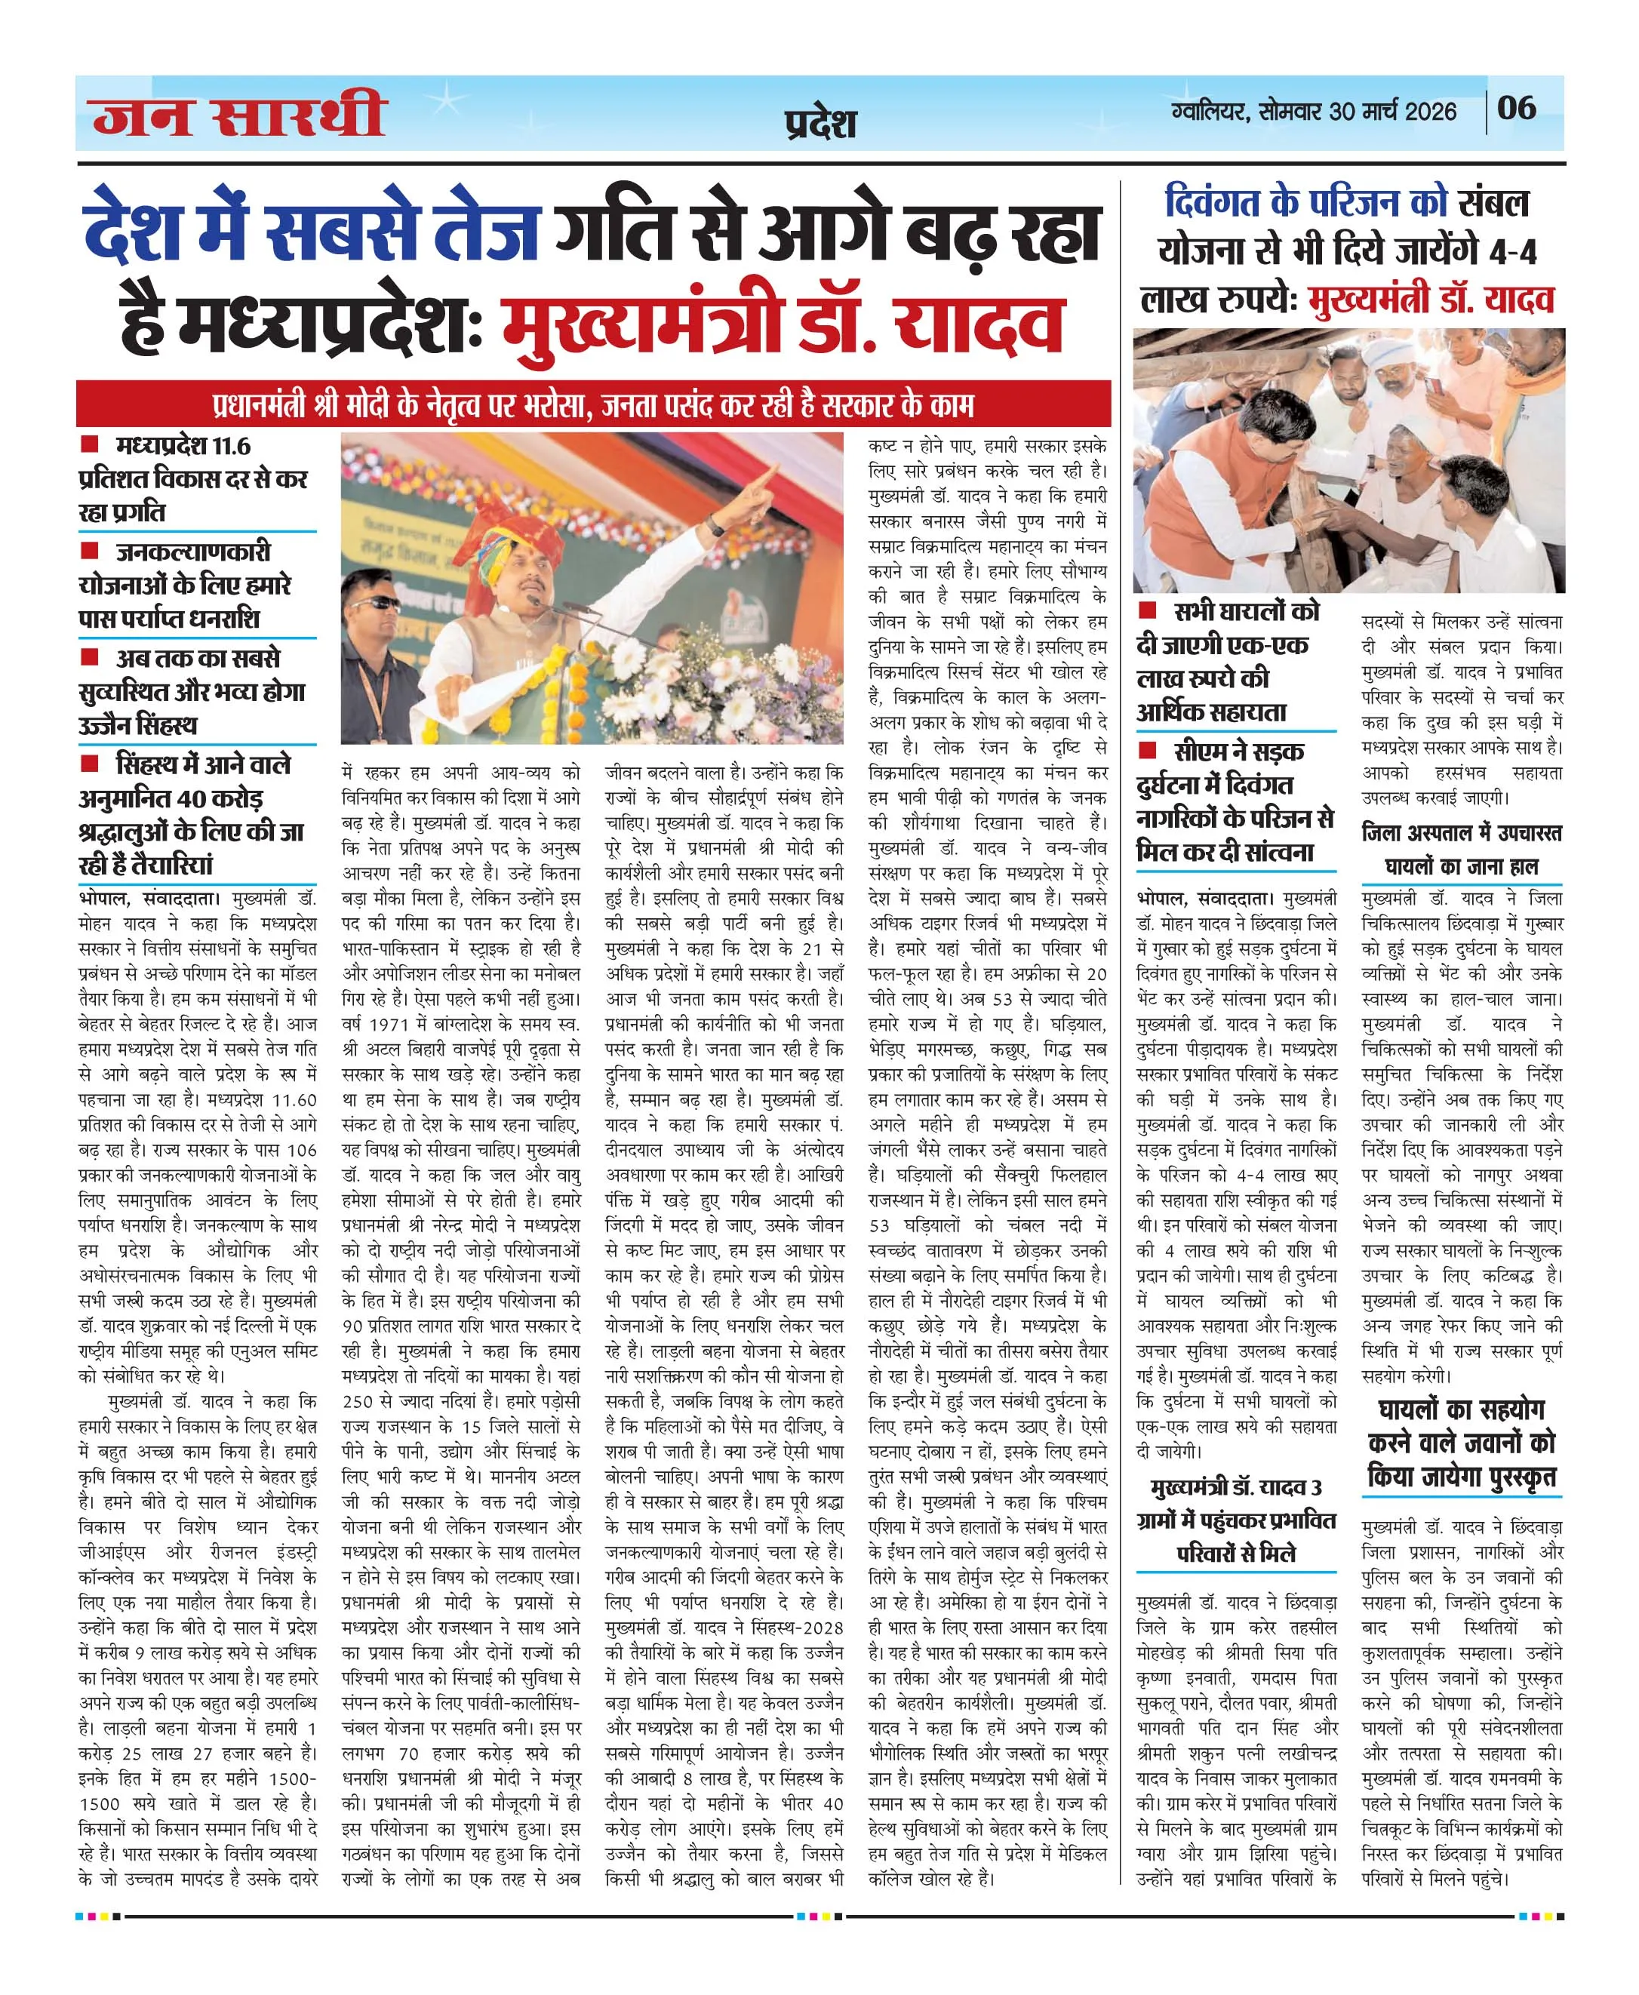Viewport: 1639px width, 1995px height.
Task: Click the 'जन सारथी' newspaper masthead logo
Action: [240, 115]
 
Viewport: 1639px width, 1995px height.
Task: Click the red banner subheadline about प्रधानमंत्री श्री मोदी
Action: [593, 405]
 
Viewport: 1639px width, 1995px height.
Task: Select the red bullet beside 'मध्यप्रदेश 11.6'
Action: [90, 444]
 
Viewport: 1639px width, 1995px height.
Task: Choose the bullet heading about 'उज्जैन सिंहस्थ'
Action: [192, 691]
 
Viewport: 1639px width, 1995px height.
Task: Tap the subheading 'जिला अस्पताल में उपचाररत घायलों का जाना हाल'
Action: [1462, 849]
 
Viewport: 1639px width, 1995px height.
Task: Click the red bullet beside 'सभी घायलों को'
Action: [1147, 611]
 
